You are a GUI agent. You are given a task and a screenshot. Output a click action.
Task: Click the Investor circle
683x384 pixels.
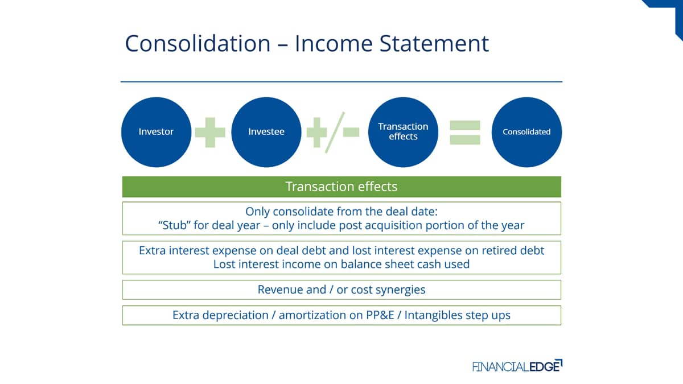point(156,132)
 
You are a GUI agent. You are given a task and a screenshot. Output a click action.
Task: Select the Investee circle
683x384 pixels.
point(266,132)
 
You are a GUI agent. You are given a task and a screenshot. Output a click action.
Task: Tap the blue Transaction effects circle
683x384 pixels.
point(403,132)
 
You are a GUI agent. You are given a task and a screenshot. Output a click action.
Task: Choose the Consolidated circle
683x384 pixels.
point(526,132)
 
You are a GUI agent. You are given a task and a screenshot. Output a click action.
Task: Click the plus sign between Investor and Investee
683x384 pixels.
point(210,132)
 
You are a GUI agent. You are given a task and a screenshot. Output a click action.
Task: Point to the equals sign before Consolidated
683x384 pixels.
point(465,132)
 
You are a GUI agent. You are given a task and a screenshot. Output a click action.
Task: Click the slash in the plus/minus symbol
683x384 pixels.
point(335,132)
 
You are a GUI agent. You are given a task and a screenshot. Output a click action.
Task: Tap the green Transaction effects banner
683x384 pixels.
point(341,187)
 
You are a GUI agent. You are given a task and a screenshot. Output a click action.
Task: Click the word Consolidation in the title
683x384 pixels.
point(198,43)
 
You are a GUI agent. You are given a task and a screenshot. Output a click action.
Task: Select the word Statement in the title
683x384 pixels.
point(434,43)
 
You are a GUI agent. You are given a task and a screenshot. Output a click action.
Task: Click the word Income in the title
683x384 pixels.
point(334,43)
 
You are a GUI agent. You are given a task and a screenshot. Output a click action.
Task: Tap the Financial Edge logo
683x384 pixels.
point(517,366)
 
